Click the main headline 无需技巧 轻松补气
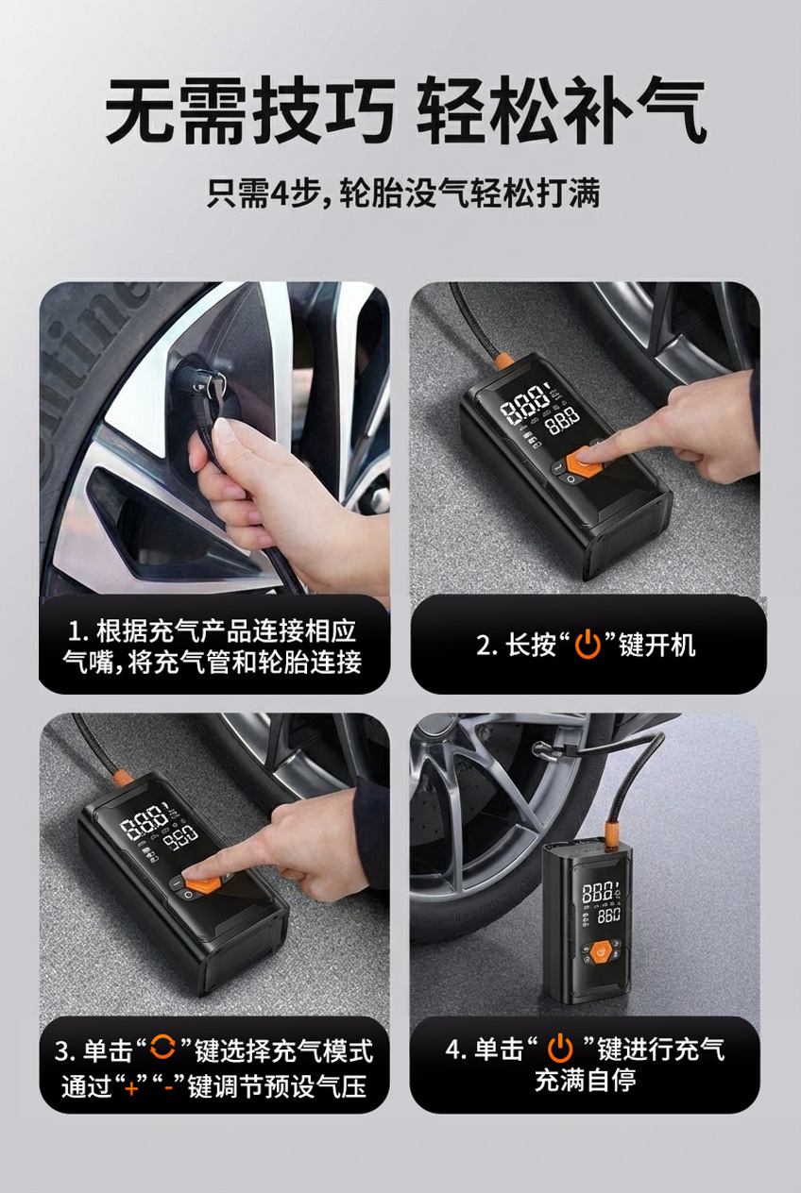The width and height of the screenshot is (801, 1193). [405, 110]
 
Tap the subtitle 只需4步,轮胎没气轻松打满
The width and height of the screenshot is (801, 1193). [403, 193]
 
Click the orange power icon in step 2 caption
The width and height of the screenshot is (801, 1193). [588, 644]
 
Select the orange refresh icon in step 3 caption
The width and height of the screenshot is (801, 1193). [162, 1047]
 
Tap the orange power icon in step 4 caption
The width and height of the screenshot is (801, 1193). [561, 1048]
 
